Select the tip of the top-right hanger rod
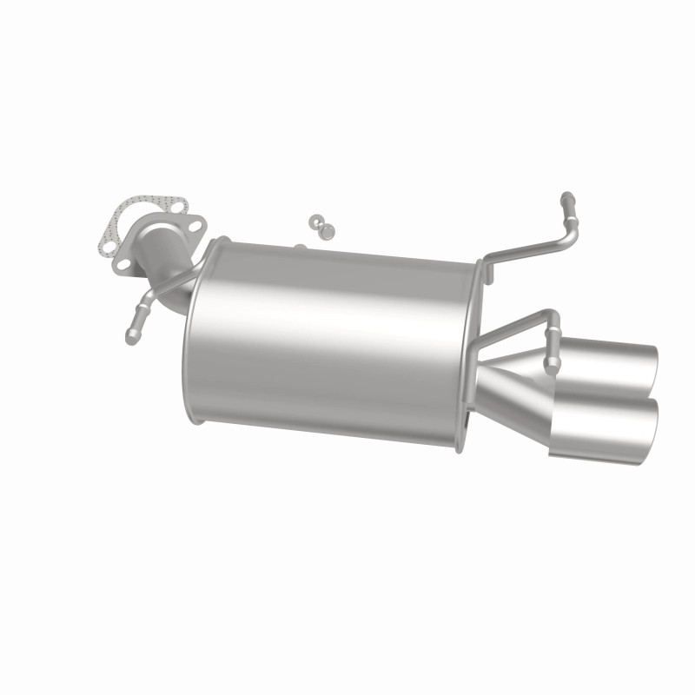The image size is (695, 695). coord(566,198)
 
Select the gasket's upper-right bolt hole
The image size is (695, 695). coord(178,208)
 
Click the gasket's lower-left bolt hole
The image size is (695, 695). coord(109,248)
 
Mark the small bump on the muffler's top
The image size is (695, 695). coord(299,248)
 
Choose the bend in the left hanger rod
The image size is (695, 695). coord(148,300)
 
